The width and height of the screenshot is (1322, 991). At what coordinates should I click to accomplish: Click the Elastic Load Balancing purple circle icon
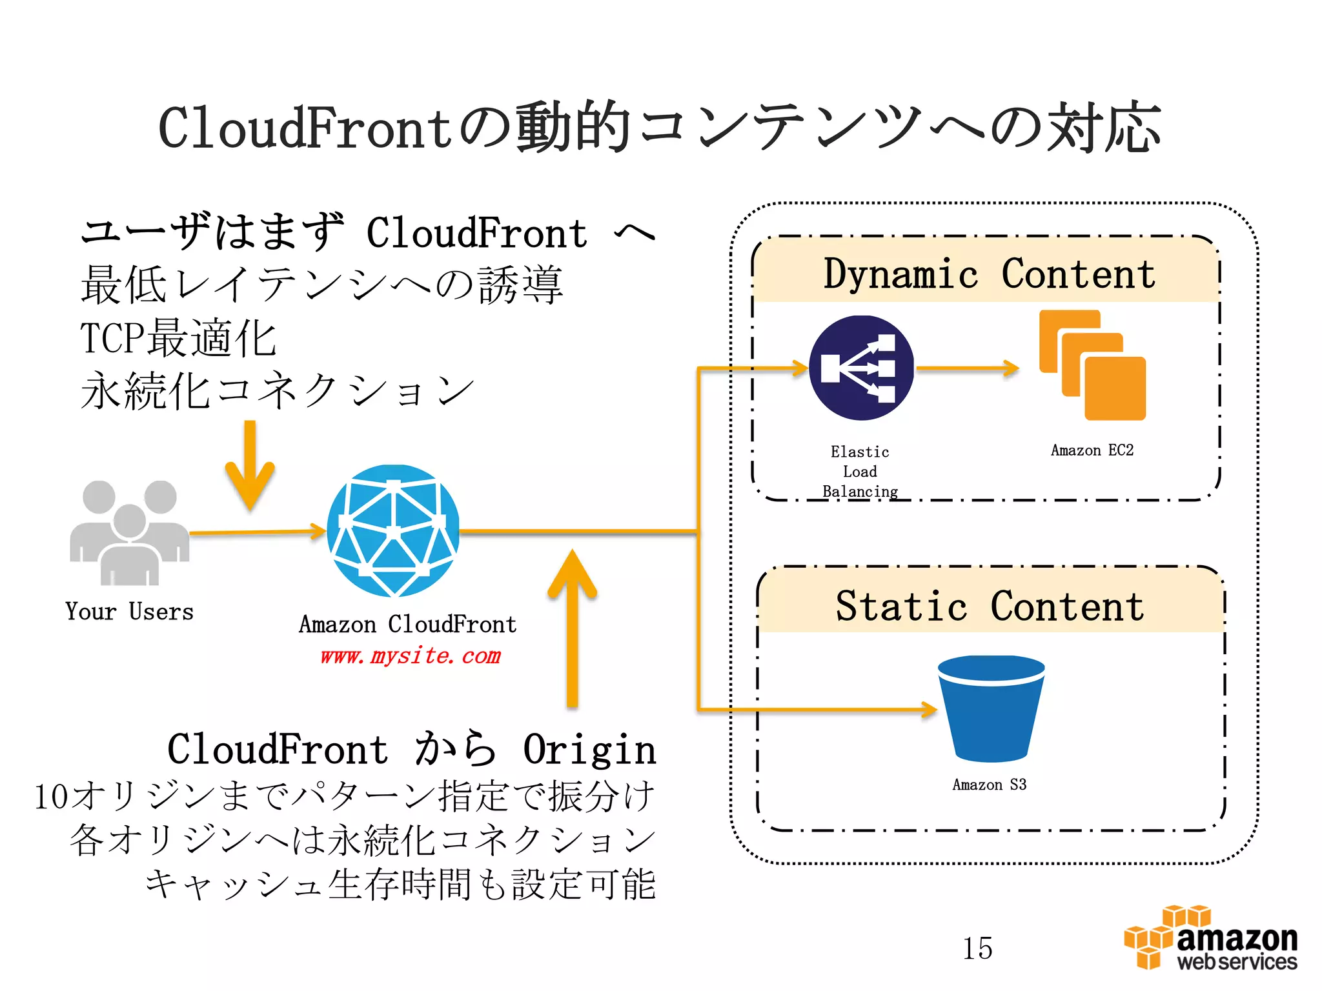click(861, 368)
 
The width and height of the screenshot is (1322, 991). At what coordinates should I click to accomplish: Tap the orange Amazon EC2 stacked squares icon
click(1092, 366)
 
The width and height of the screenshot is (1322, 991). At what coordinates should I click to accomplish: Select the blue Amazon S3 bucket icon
click(991, 708)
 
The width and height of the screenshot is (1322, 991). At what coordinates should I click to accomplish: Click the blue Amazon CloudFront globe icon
click(393, 530)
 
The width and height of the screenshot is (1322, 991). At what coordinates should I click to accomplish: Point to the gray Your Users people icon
click(130, 532)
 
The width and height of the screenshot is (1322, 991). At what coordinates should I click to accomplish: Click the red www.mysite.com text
click(411, 656)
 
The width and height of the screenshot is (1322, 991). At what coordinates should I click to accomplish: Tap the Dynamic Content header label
click(989, 274)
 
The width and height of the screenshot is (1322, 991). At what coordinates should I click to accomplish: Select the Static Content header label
click(990, 606)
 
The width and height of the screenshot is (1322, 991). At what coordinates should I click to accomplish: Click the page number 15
click(977, 948)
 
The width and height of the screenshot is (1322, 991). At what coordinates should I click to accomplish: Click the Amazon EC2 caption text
click(1092, 450)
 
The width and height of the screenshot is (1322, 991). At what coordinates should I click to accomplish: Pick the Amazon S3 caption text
click(989, 785)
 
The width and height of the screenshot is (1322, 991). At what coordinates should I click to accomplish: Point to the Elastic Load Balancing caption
click(860, 472)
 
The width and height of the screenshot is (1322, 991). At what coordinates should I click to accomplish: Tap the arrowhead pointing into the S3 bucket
click(928, 710)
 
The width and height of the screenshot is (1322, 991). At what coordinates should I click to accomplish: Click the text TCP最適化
click(179, 338)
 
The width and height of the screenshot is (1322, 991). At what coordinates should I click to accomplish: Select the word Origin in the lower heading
click(589, 750)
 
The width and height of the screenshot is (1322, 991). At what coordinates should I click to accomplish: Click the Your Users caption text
click(129, 612)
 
